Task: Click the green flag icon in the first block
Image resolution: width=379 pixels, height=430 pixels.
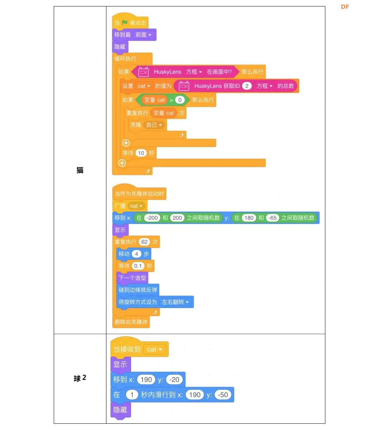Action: coord(125,22)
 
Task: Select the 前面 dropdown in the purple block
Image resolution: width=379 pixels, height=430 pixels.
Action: coord(143,35)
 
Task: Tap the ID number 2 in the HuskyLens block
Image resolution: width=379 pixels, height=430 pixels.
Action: coord(247,86)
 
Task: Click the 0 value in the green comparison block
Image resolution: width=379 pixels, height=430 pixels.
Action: coord(180,100)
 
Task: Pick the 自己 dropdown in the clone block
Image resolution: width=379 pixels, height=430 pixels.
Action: coord(154,125)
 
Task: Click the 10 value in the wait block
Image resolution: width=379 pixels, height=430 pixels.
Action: coord(141,153)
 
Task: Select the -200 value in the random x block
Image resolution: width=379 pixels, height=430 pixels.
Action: coord(152,218)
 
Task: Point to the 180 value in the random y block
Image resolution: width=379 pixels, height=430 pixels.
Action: coord(249,218)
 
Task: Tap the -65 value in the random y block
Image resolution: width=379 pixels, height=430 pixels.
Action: coord(272,218)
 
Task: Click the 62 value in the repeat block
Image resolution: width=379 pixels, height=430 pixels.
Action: coord(144,242)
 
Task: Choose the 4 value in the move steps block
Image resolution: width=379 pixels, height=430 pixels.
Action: coord(137,254)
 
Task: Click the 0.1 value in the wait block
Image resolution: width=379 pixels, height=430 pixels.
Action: coord(138,266)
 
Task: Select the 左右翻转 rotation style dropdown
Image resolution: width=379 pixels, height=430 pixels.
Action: coord(175,302)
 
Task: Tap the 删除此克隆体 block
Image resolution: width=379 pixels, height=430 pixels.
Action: coord(131,322)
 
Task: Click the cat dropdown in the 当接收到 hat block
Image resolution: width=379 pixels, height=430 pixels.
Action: coord(154,349)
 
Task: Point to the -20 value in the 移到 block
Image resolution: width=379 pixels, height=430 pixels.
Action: coord(174,380)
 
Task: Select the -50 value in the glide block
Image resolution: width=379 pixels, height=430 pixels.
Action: coord(222,395)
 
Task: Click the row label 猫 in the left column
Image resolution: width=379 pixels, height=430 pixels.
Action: coord(80,170)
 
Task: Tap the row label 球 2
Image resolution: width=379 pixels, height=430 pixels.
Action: coord(80,378)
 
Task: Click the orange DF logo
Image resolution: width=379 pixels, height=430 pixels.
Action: coord(345,7)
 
